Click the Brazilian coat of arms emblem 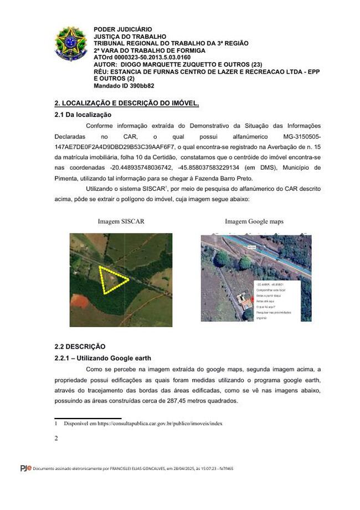coord(71,43)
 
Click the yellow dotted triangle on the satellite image coord(112,279)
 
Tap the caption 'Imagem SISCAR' coord(121,222)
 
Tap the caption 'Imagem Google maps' coord(254,222)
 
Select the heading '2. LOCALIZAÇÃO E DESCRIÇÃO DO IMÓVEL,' coord(126,104)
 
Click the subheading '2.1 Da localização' coord(83,115)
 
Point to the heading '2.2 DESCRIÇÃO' coord(80,346)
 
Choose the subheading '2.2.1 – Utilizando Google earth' coord(102,358)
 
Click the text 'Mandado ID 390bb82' coord(124,86)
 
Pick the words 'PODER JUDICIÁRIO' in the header coord(122,29)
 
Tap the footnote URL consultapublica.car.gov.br coord(160,424)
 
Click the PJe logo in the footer coord(25,469)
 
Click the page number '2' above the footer coord(56,438)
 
